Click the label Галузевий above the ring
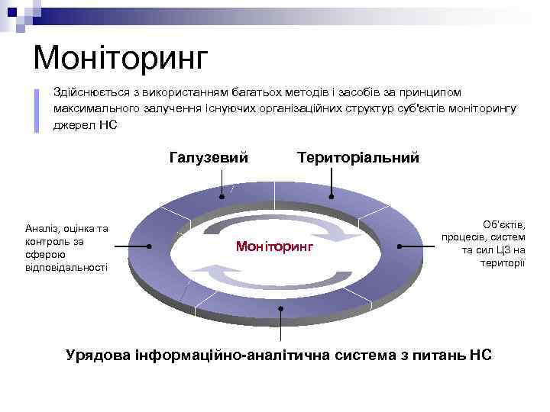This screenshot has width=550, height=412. tap(209, 158)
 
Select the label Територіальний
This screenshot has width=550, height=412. tap(358, 158)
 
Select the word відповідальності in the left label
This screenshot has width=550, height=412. tap(66, 267)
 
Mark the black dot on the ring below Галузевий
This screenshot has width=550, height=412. tap(222, 197)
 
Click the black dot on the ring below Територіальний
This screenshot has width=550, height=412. tap(331, 196)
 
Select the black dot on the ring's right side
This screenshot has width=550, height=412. tap(400, 246)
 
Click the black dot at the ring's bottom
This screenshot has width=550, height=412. tap(281, 309)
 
